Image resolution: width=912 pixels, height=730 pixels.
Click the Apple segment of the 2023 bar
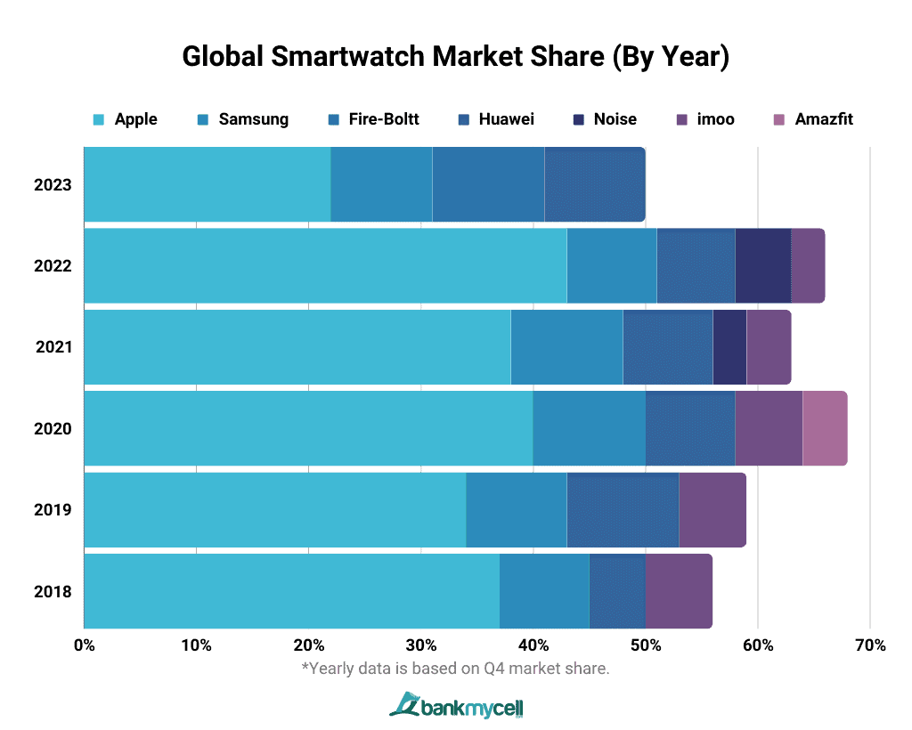click(207, 184)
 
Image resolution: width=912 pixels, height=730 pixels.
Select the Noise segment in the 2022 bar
click(763, 265)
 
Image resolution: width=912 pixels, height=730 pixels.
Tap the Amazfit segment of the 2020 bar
click(825, 428)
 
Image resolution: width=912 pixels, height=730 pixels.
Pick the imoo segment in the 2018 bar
click(679, 591)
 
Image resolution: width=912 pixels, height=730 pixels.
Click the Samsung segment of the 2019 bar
click(517, 509)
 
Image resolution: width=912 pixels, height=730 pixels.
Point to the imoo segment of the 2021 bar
click(769, 347)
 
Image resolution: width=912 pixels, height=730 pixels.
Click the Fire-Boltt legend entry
click(374, 119)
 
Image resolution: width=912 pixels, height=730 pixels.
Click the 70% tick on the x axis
click(869, 645)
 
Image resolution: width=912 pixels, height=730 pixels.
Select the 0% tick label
click(84, 645)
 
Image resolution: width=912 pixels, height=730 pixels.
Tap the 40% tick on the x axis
click(533, 645)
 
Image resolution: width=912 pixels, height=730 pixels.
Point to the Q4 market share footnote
click(455, 668)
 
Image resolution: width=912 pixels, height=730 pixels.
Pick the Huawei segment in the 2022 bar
click(696, 265)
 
